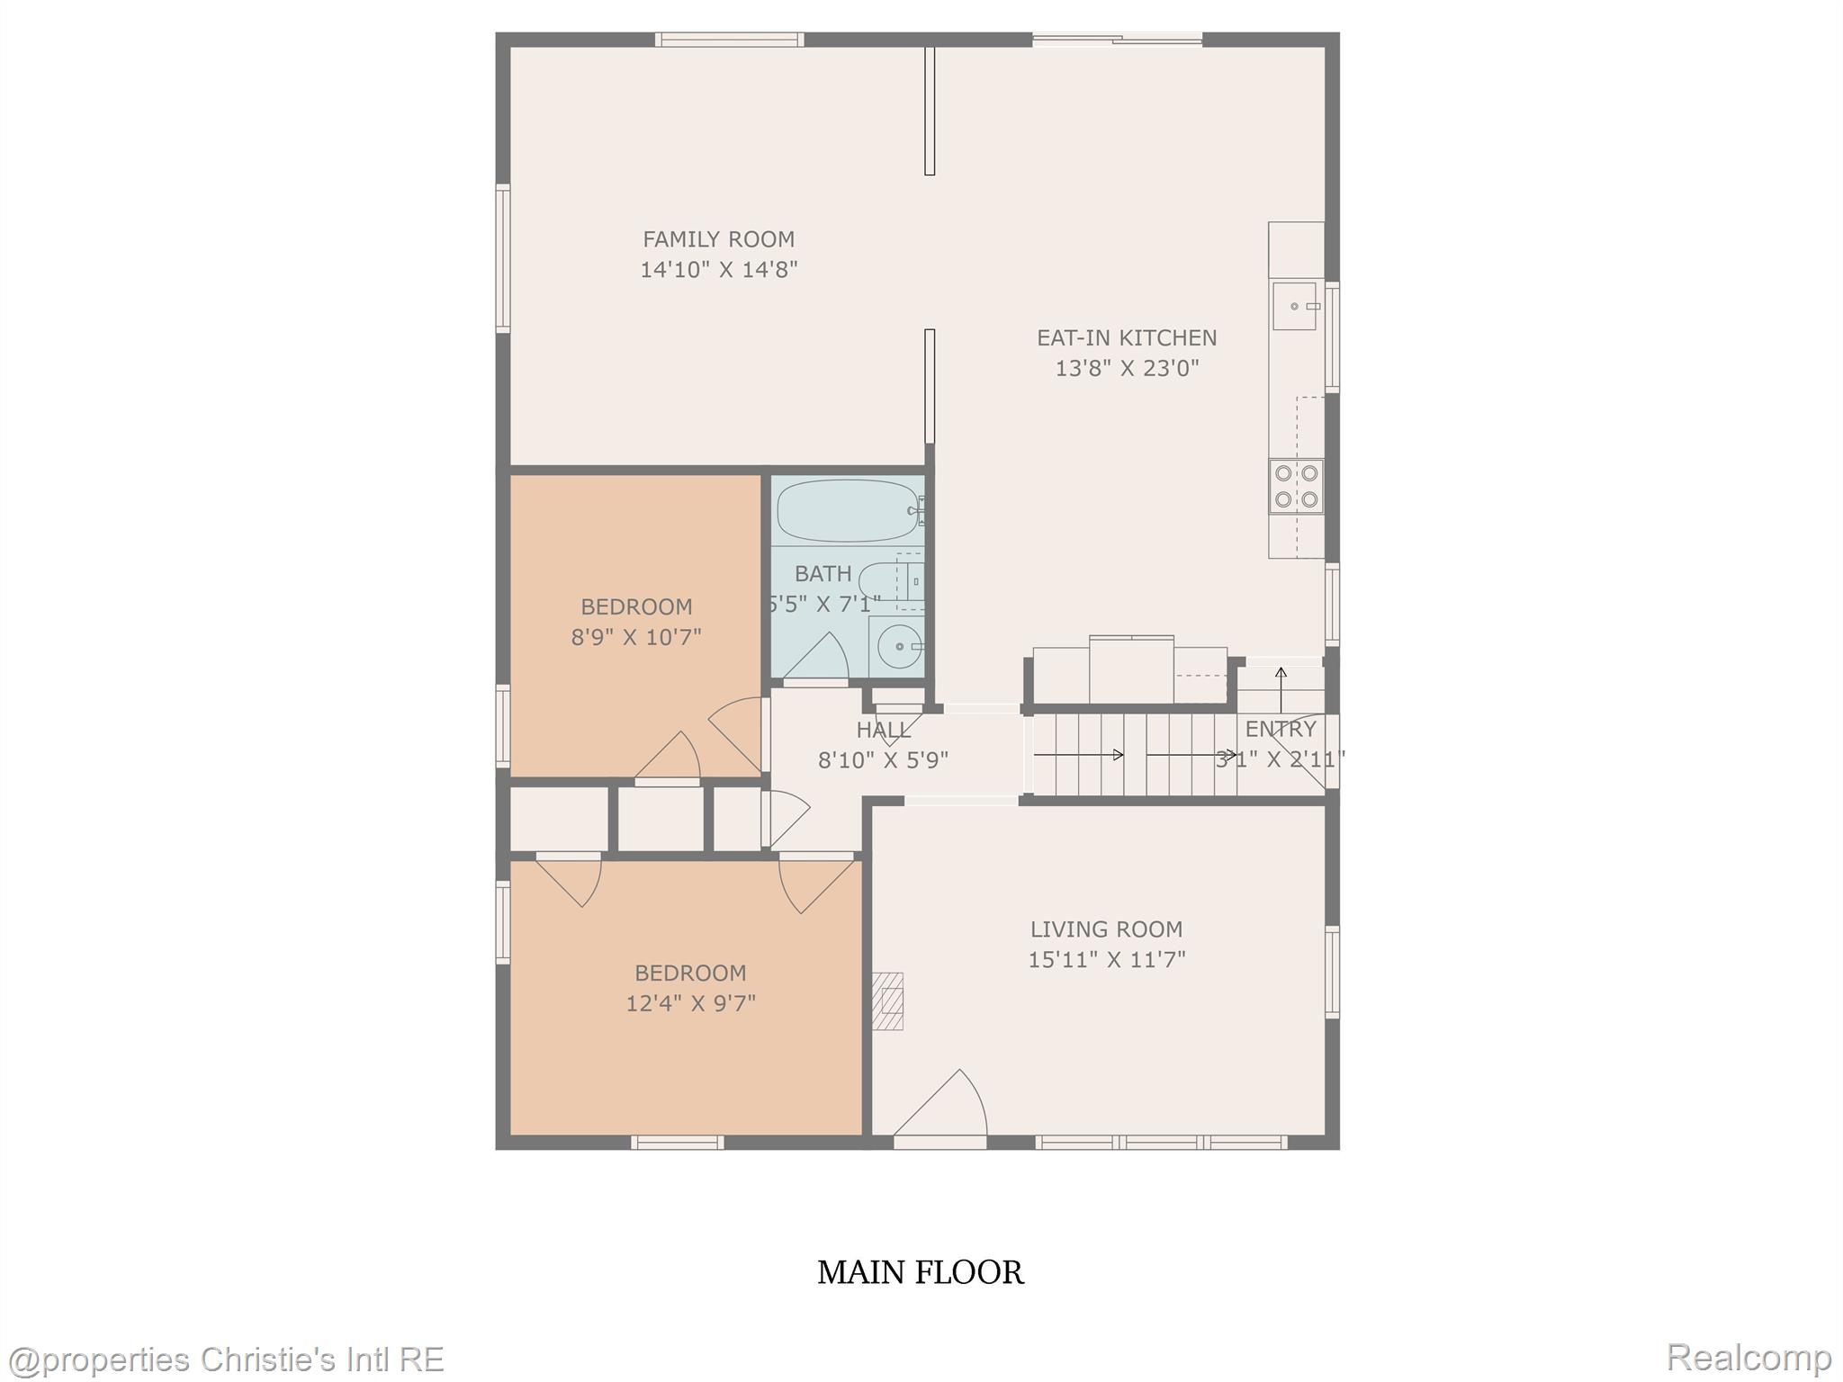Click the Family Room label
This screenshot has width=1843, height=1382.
pos(718,239)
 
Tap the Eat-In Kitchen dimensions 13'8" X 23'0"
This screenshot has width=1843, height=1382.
pos(1127,368)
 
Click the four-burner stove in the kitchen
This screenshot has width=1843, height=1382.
pos(1296,486)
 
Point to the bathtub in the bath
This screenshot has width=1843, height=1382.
pos(847,511)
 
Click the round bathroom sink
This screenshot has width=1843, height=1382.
pos(897,645)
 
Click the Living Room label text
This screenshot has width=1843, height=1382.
pos(1106,929)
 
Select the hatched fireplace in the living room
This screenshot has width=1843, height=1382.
pos(888,1001)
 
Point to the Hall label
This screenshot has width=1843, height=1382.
pos(883,730)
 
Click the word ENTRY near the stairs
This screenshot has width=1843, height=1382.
pos(1281,729)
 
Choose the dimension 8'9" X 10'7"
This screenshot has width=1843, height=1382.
pos(636,637)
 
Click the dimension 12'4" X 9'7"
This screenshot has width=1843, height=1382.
pos(690,1002)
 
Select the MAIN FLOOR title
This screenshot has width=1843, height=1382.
pos(921,1272)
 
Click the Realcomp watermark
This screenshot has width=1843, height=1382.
pos(1749,1356)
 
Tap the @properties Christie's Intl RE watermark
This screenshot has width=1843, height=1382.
pos(225,1359)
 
